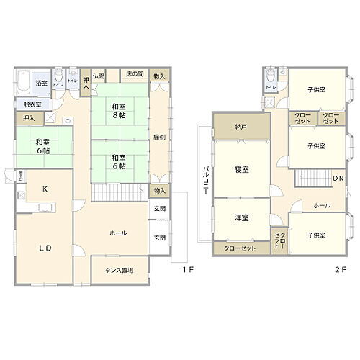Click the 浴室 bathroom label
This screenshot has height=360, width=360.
42,84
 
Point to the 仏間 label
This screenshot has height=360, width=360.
99,76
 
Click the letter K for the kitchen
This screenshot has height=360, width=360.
45,189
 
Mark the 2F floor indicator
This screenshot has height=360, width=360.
340,270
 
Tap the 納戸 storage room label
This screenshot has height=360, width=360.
240,127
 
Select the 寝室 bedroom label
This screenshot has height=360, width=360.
242,170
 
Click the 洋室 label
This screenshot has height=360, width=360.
241,217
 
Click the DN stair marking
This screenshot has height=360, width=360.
337,179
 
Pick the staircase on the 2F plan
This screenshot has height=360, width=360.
313,178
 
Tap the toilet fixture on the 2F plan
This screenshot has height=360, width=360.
269,76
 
